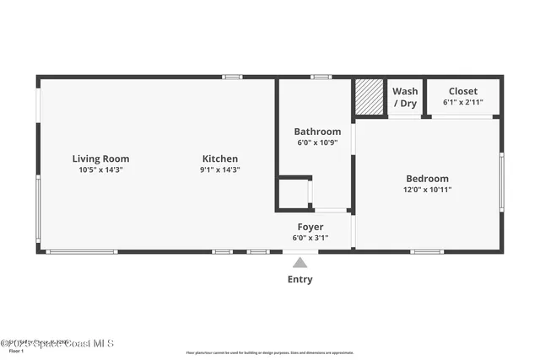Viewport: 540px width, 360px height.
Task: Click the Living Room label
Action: pos(100,159)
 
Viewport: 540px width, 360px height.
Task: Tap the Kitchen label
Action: pos(219,159)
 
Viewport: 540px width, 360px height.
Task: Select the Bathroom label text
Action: pos(317,132)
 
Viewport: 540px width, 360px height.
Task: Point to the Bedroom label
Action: pos(428,179)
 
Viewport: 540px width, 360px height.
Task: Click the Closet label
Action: pos(463,91)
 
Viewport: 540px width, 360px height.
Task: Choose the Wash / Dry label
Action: pos(405,97)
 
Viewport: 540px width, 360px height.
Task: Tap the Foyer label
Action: pos(310,227)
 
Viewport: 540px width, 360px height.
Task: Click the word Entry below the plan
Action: pos(300,279)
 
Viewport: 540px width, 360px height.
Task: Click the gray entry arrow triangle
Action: pos(300,263)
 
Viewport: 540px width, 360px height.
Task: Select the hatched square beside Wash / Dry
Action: pos(369,96)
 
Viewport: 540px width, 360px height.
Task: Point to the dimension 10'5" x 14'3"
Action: pos(100,170)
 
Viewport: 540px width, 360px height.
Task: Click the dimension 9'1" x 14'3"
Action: pos(219,170)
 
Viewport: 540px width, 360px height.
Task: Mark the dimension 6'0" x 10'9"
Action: pos(317,143)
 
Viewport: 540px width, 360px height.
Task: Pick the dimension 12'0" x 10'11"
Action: pos(428,190)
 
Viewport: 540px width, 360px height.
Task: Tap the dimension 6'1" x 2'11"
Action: pos(463,103)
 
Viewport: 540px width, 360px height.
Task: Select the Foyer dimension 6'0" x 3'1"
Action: pos(310,238)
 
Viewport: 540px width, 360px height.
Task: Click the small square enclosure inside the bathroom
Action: pos(294,193)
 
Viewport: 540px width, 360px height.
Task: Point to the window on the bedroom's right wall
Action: pos(501,181)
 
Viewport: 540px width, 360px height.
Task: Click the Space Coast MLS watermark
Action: pos(57,343)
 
